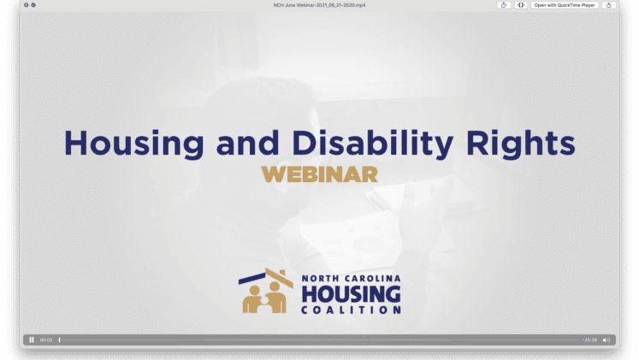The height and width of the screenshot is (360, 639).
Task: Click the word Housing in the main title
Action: coord(134,144)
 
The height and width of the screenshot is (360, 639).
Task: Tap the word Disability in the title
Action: coord(372,143)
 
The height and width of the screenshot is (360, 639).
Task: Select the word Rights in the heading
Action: coord(520,144)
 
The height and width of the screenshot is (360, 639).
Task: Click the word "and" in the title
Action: coord(248,143)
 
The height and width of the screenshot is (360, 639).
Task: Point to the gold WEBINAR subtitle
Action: coord(320,174)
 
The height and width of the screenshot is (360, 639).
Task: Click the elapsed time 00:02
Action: coord(46,340)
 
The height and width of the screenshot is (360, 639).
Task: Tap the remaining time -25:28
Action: coord(589,340)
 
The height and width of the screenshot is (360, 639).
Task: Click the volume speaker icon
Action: coord(606,340)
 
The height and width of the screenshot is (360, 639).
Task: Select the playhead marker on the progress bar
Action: coord(60,339)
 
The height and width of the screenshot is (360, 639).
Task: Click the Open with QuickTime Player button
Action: coord(565,5)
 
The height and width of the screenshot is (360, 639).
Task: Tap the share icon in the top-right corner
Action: coord(609,5)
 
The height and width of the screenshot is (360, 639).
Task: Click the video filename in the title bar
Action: coord(320,5)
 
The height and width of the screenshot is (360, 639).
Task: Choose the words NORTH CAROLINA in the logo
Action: coord(351,279)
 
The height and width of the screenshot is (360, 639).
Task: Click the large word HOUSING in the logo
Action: coord(351,294)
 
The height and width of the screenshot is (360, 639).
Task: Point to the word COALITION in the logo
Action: coord(351,310)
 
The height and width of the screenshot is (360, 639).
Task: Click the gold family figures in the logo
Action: coord(264,298)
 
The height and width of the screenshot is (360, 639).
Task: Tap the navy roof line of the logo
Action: coord(252,279)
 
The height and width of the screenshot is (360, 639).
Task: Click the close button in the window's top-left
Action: coord(26,5)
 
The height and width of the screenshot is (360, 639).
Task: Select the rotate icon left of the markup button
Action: coord(504,5)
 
